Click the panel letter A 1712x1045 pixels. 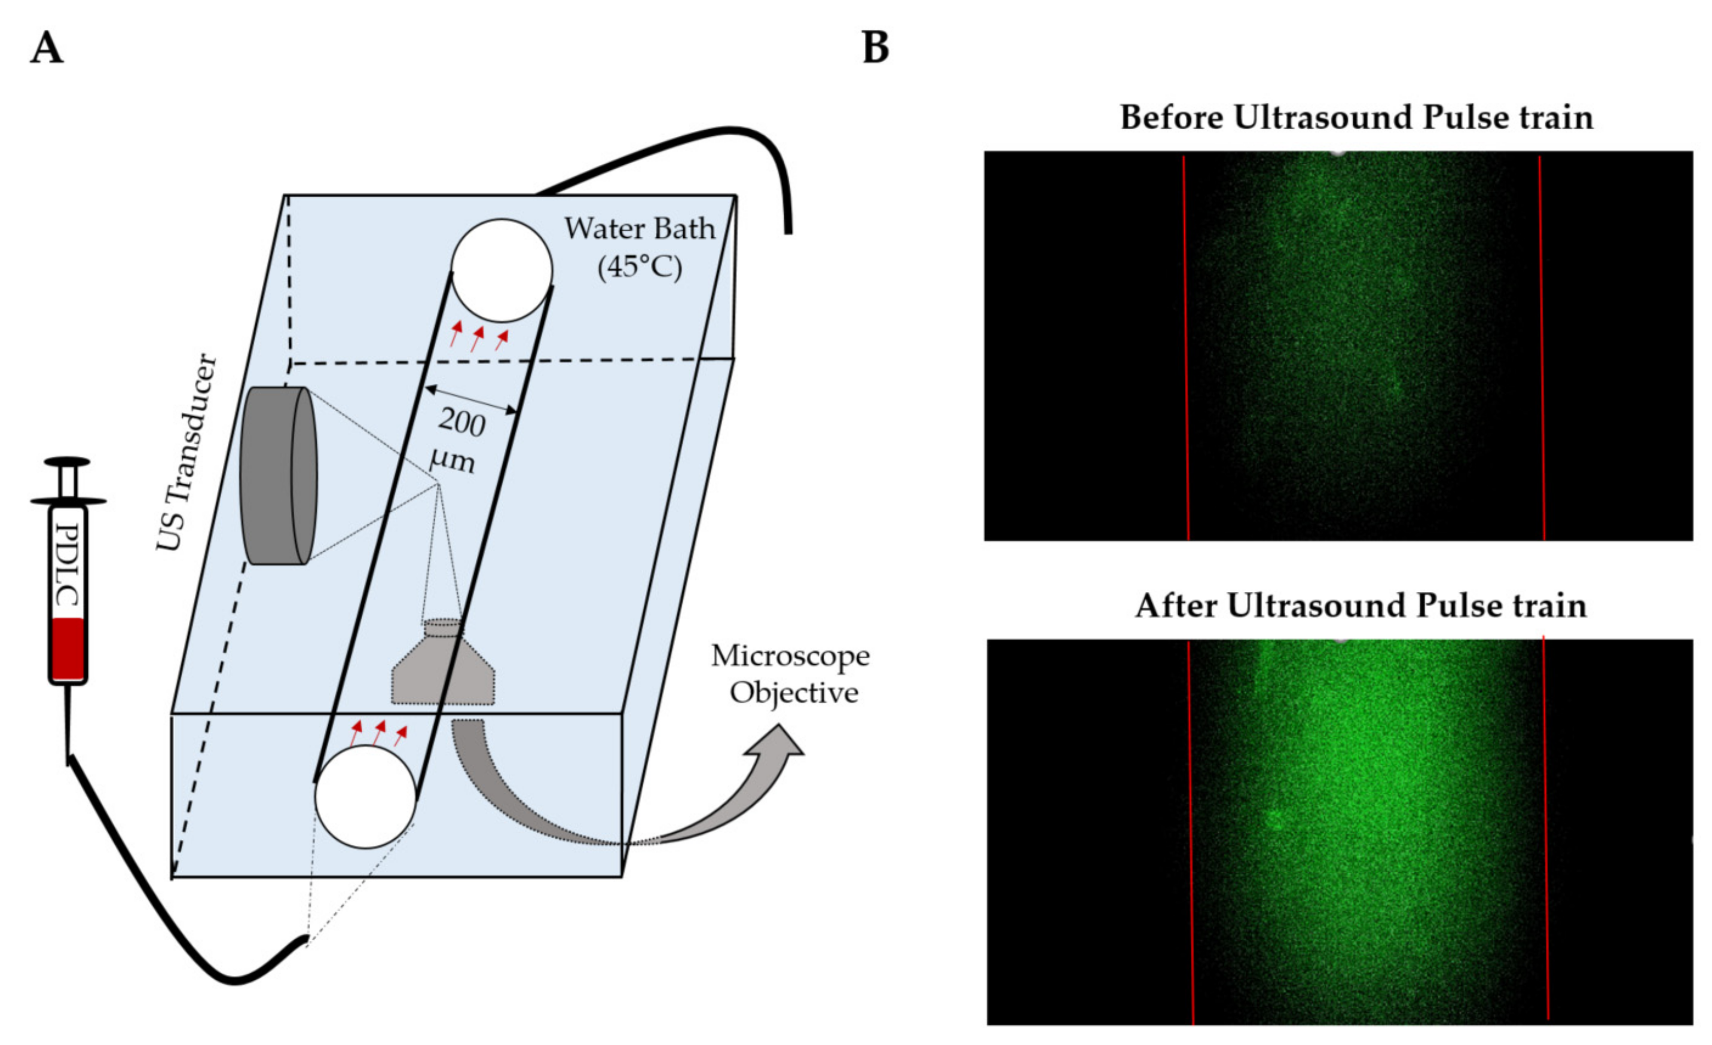click(x=47, y=48)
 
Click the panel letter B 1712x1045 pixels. click(x=876, y=48)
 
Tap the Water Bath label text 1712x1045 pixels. click(x=639, y=228)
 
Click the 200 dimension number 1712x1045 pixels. click(x=461, y=421)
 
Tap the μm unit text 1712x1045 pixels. click(x=453, y=459)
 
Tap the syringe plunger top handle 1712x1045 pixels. click(x=67, y=462)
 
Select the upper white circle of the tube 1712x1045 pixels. click(x=502, y=270)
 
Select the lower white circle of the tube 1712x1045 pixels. click(x=365, y=796)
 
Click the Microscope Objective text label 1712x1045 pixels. click(x=791, y=674)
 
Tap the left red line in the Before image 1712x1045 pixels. click(x=1186, y=347)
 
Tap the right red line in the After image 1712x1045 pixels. click(x=1545, y=827)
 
